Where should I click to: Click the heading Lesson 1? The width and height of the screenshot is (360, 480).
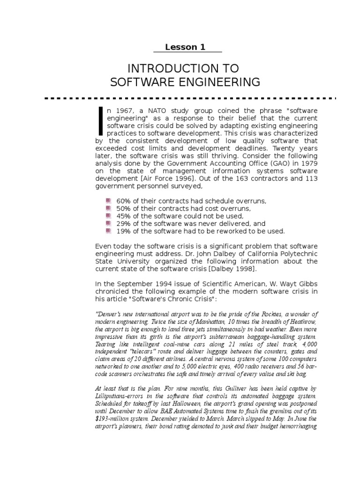tap(185, 47)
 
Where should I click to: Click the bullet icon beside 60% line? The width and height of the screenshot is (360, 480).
tap(108, 201)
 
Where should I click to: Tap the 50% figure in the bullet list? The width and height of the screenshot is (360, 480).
tap(124, 209)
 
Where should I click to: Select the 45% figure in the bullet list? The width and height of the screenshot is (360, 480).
tap(124, 216)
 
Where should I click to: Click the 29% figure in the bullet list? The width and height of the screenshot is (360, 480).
tap(124, 224)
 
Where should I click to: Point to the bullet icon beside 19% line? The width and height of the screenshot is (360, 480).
tap(108, 231)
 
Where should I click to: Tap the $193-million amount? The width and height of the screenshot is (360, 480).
tap(113, 419)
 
